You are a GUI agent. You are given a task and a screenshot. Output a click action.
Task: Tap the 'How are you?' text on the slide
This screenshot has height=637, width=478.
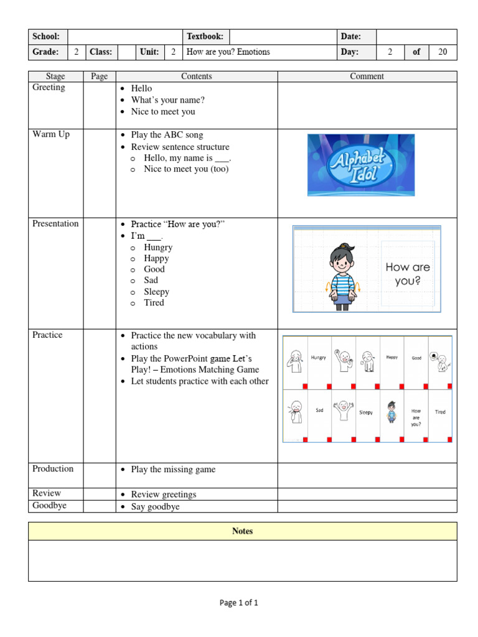tap(407, 274)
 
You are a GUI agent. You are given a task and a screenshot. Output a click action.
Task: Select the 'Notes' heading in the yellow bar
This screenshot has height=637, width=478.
tap(242, 531)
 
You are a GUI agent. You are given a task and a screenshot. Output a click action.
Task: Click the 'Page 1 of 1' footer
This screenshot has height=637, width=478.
tap(238, 602)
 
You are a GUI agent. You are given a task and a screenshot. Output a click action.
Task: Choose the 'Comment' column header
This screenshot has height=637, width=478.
tap(367, 77)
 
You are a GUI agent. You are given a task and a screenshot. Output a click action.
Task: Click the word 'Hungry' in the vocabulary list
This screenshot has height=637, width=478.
tap(157, 247)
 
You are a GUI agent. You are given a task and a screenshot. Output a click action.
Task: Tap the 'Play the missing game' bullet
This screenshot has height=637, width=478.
tap(173, 470)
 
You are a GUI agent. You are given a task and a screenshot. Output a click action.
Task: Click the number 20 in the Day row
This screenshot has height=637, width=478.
tap(443, 52)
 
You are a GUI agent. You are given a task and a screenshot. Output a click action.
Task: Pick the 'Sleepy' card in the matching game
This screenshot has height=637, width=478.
tap(366, 412)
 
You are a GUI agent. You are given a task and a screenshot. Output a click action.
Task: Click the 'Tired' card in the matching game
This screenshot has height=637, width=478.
tap(440, 412)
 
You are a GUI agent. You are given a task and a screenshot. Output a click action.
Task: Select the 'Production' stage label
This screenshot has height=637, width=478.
tap(53, 468)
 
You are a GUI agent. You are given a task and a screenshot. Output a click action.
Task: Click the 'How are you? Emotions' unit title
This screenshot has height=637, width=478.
tap(228, 52)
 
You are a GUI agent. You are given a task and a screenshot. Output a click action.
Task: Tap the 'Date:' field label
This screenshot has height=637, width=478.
tap(350, 37)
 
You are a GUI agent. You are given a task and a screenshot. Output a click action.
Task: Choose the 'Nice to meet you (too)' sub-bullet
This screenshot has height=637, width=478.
tap(186, 169)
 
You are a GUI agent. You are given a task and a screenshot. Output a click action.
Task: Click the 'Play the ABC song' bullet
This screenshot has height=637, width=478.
tap(167, 135)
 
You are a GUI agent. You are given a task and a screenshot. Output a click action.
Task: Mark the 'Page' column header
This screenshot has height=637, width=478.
tap(99, 77)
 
